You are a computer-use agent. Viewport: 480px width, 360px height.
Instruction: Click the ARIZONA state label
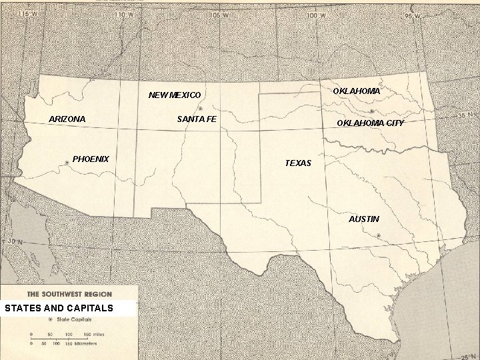[67, 119]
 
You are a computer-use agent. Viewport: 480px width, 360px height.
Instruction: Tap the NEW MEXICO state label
[174, 95]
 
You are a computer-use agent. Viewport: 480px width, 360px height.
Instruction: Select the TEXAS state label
[298, 163]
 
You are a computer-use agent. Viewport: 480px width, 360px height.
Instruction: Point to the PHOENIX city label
[91, 159]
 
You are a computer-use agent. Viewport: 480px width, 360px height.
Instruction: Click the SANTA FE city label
[197, 119]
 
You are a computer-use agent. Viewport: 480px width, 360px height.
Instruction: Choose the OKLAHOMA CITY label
[370, 123]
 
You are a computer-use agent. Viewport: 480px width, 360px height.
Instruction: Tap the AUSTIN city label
[364, 219]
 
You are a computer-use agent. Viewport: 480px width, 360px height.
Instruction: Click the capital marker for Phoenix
[67, 163]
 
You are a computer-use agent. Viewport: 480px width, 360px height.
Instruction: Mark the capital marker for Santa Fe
[200, 108]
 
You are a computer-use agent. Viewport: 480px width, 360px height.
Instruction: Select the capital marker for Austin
[378, 235]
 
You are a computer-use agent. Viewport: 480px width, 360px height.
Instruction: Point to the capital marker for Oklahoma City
[371, 111]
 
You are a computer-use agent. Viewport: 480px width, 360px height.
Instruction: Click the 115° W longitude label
[27, 14]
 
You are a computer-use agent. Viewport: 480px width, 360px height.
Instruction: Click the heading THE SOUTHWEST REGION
[69, 294]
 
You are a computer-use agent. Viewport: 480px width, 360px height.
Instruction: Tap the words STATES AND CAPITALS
[59, 308]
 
